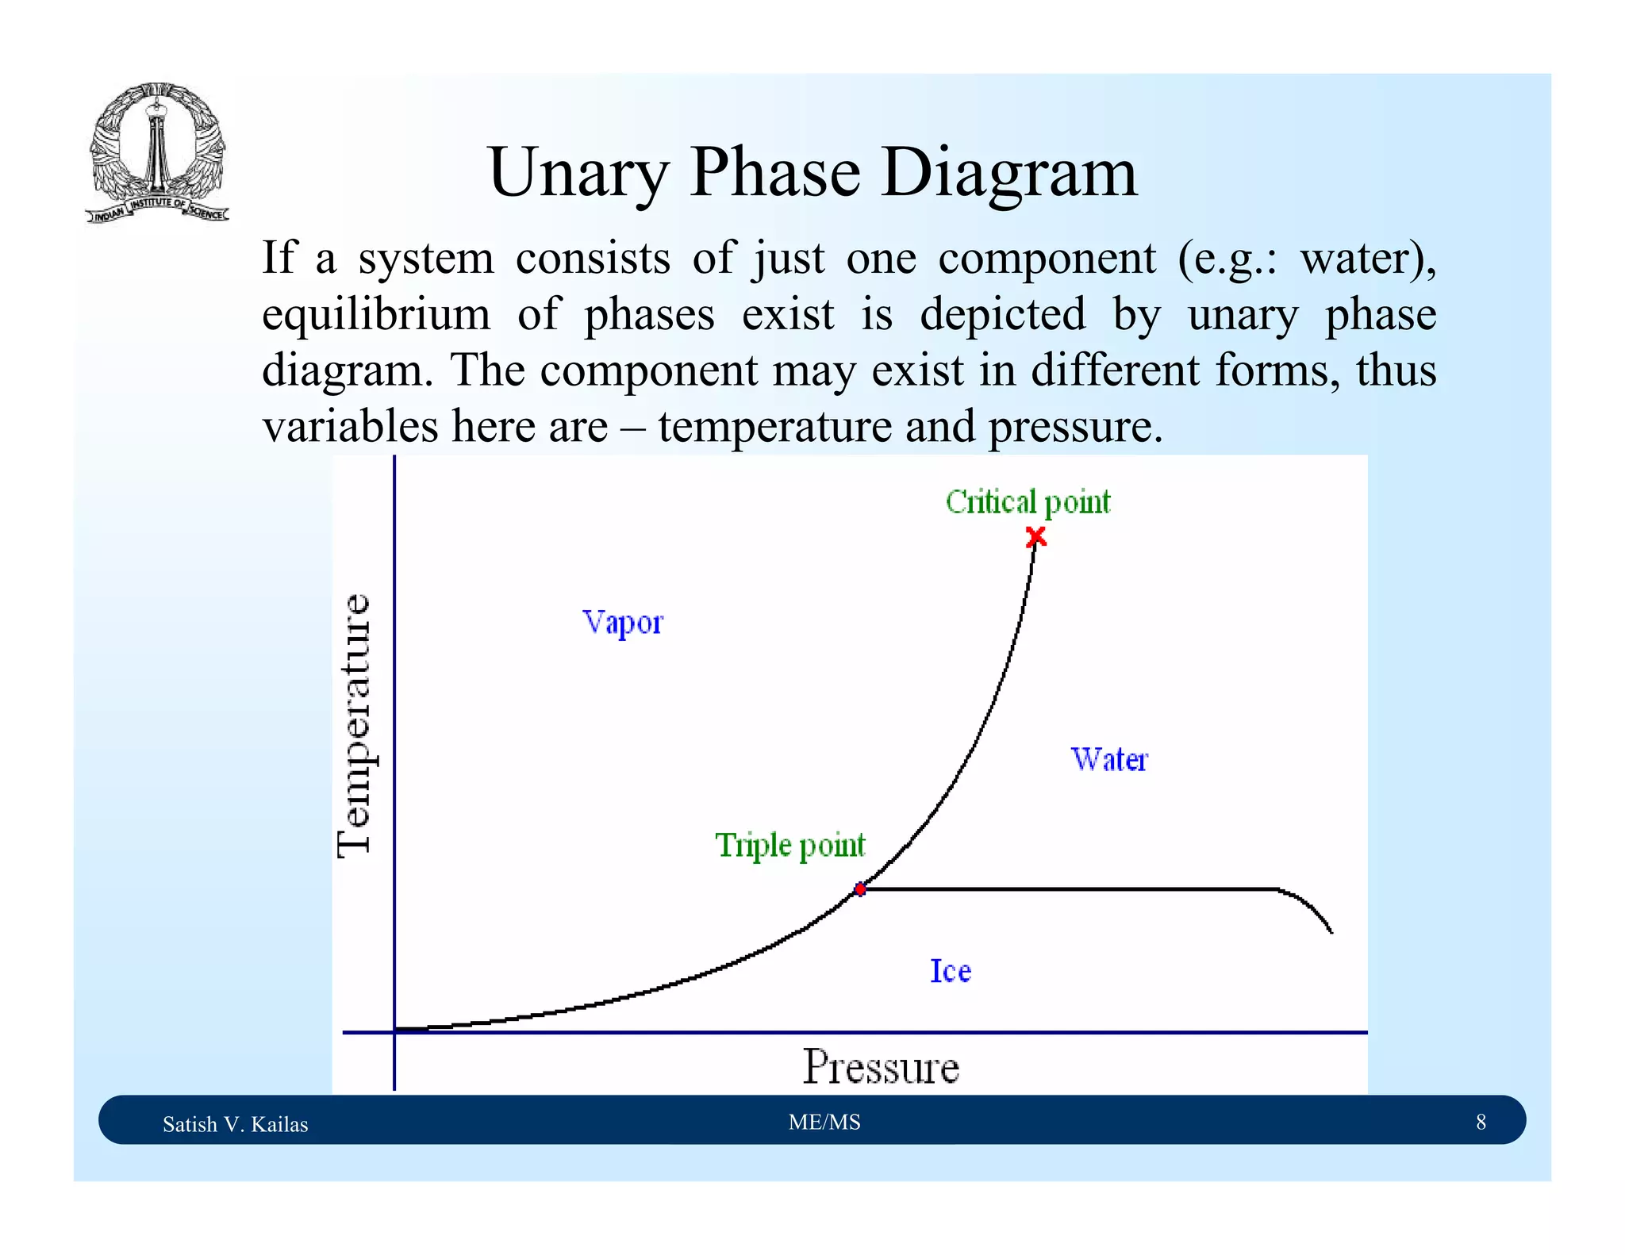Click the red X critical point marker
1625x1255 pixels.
click(1035, 538)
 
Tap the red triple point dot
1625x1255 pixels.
click(860, 889)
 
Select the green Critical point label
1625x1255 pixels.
click(1028, 502)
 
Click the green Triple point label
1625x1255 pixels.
click(789, 845)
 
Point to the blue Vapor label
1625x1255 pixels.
click(622, 623)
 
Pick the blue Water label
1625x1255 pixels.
click(1109, 759)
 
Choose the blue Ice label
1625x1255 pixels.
click(950, 971)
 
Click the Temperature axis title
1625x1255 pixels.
click(354, 725)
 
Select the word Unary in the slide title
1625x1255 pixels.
click(578, 172)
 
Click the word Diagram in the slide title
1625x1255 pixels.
click(1008, 172)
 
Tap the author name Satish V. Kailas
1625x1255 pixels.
click(235, 1124)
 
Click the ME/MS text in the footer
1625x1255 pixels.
click(824, 1122)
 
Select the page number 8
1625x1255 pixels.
click(1481, 1122)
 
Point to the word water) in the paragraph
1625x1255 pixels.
click(1368, 259)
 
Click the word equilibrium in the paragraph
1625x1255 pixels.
click(376, 314)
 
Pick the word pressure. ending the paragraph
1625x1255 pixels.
click(1075, 427)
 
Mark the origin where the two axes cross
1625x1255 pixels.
click(394, 1032)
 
